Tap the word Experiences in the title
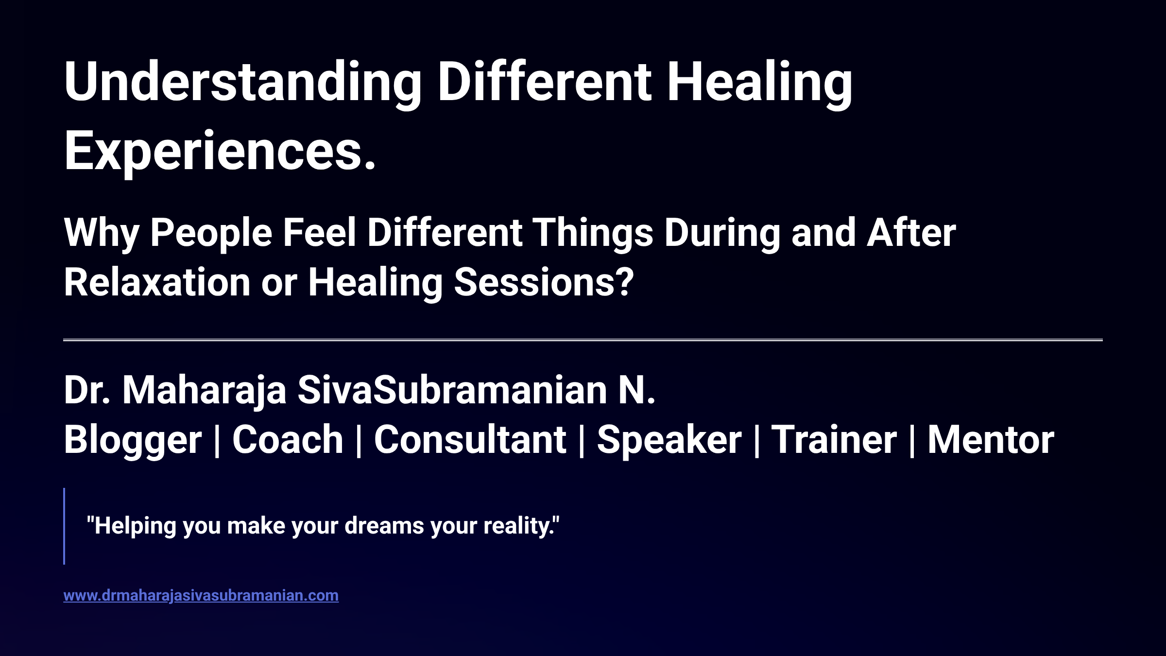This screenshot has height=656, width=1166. pos(214,152)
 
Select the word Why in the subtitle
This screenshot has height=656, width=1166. pos(101,233)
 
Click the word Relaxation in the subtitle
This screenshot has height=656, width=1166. pos(157,283)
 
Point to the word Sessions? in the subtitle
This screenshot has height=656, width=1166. pos(544,283)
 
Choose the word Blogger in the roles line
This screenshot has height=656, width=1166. pos(133,440)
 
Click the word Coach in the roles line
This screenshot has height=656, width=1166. pos(288,440)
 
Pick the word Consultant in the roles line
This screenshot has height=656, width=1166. pos(470,440)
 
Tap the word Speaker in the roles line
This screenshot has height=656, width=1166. pos(669,440)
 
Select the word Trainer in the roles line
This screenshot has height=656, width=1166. pos(834,440)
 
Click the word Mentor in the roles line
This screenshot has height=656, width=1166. pos(991,440)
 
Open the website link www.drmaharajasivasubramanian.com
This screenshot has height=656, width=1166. pos(201,596)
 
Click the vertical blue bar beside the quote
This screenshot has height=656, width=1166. pos(64,526)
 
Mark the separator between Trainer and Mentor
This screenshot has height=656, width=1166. pos(912,440)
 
